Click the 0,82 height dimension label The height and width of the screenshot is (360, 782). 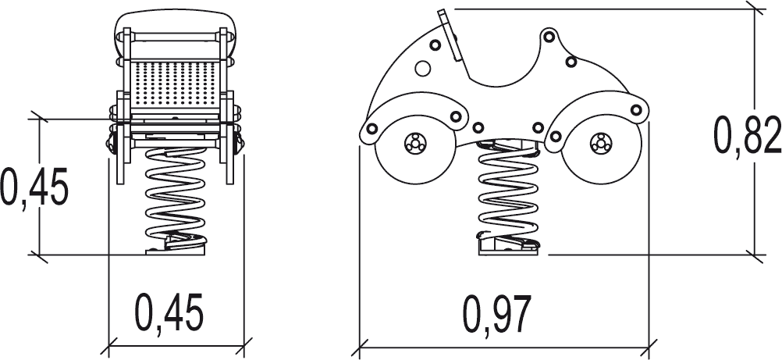[x=747, y=134]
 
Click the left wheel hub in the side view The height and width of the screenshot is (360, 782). [x=414, y=144]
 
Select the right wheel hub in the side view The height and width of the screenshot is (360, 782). [x=600, y=143]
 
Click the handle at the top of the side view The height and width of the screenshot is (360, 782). [x=448, y=35]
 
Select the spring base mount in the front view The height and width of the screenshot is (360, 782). [x=176, y=244]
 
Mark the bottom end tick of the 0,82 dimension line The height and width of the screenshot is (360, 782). [x=754, y=254]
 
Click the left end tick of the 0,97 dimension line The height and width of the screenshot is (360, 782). [x=360, y=344]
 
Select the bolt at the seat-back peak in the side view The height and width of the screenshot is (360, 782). [x=549, y=36]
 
